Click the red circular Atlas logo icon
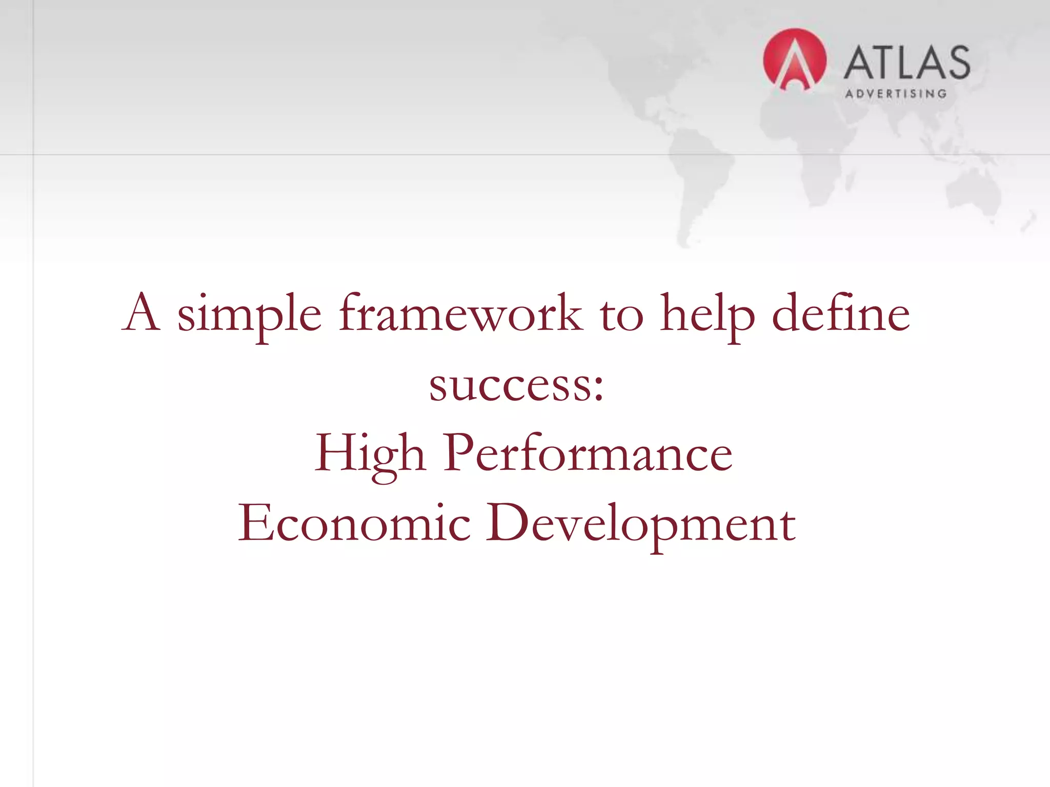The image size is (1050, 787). point(794,60)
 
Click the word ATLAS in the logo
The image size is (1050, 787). point(906,63)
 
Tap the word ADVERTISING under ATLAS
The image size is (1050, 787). point(895,94)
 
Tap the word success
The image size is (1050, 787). point(511,385)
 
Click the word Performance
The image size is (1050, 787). point(588,453)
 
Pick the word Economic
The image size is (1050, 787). point(354,523)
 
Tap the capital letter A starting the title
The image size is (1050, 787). point(142,313)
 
